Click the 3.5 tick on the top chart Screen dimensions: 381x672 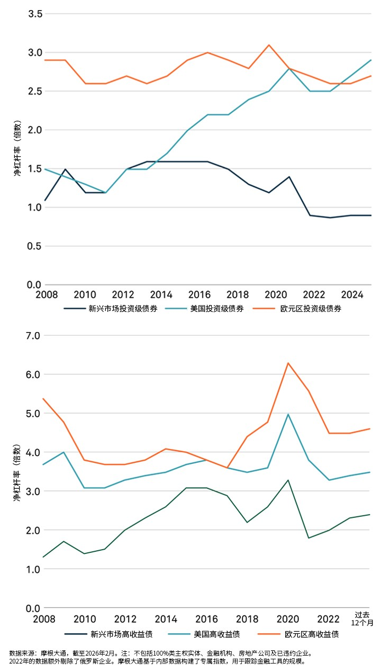point(35,14)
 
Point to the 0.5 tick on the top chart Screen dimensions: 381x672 point(34,246)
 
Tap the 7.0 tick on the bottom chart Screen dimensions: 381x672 point(33,336)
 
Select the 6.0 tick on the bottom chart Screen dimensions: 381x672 point(33,374)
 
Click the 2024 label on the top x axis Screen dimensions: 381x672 point(352,294)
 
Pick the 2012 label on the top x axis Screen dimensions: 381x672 point(123,294)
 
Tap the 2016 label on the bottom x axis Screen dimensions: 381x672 point(206,619)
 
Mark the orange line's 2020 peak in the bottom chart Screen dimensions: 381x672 point(288,363)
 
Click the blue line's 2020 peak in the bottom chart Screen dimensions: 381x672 point(288,414)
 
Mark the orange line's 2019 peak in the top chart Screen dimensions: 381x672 point(269,45)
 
